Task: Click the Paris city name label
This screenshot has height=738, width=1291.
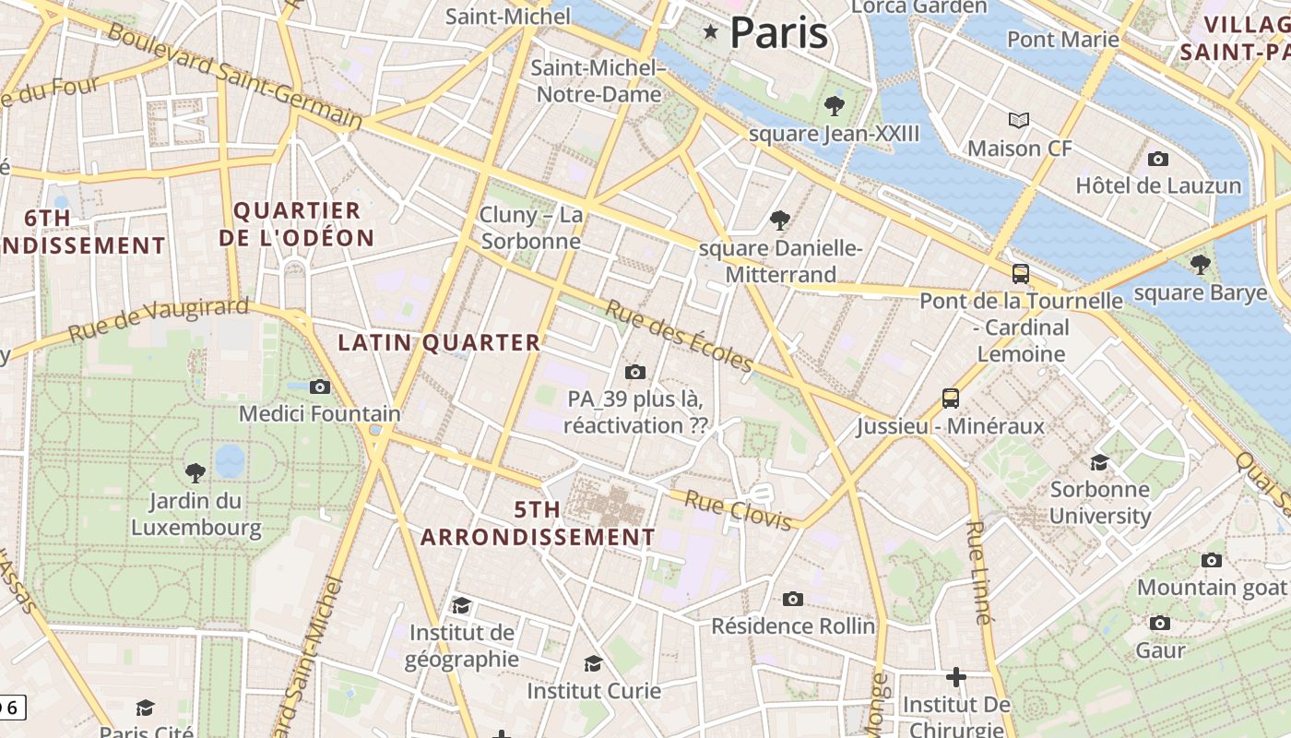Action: tap(778, 33)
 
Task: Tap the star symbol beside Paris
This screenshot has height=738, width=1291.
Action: tap(710, 33)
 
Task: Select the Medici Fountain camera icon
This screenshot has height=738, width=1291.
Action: tap(320, 387)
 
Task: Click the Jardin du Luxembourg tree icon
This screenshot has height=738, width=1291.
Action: tap(195, 473)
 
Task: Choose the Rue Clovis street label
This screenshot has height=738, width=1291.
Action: tap(739, 510)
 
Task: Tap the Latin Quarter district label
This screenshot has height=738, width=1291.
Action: tap(439, 342)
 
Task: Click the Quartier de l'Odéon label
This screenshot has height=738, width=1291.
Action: tap(297, 224)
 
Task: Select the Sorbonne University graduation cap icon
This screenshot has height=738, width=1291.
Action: tap(1099, 461)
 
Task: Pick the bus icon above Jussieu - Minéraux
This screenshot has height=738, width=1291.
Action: tap(951, 399)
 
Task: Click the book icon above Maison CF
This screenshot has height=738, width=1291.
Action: tap(1018, 120)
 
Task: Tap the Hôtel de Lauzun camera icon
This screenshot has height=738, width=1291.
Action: tap(1158, 159)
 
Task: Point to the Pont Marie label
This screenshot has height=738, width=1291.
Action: tap(1062, 39)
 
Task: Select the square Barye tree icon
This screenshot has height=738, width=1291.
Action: tap(1200, 265)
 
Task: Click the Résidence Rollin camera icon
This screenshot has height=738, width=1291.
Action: tap(793, 599)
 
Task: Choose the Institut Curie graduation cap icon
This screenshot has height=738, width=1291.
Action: tap(593, 663)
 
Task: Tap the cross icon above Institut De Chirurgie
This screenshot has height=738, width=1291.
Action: tap(956, 677)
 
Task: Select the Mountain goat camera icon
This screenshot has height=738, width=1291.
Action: tap(1212, 560)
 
